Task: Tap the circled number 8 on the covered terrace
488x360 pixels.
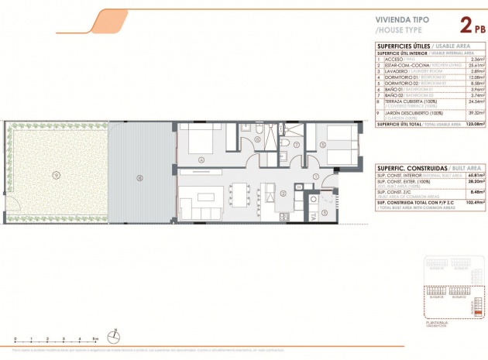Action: (x=139, y=177)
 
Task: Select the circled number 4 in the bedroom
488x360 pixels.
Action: (x=201, y=159)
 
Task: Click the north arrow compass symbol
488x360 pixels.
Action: (x=115, y=335)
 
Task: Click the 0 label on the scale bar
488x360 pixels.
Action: (x=15, y=339)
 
